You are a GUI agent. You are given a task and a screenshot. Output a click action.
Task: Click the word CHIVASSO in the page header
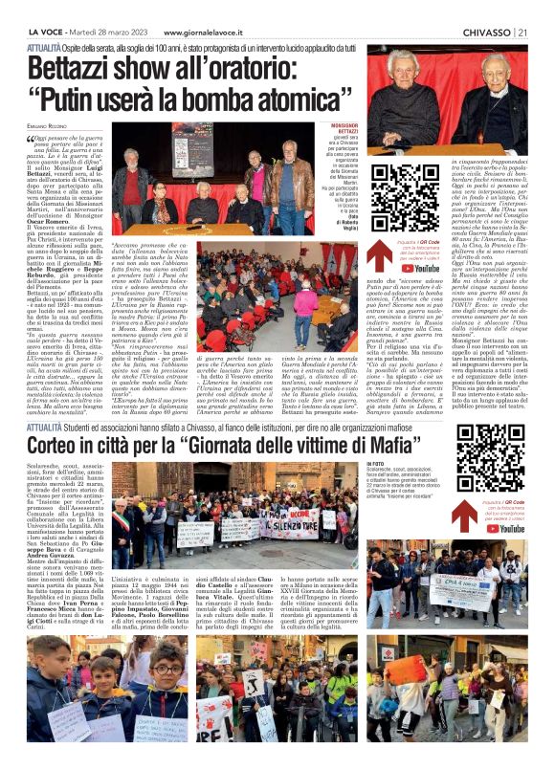[x=485, y=9]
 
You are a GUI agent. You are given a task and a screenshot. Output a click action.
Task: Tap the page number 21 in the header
[x=523, y=9]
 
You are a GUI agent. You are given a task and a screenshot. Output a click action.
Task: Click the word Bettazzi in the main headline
[x=76, y=69]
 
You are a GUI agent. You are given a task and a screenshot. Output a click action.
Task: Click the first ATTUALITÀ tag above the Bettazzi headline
[x=45, y=45]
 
